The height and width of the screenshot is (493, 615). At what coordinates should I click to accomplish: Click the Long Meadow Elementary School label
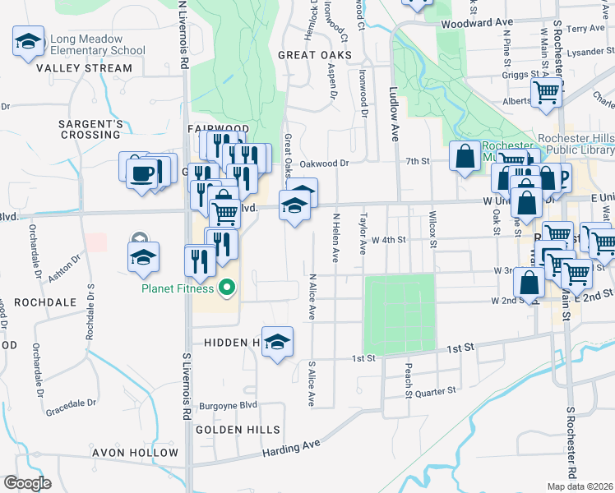(97, 44)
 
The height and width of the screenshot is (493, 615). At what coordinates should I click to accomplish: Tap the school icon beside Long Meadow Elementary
(28, 41)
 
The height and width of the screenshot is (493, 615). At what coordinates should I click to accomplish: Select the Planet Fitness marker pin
(228, 288)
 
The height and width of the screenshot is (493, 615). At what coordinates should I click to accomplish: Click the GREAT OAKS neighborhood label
(315, 55)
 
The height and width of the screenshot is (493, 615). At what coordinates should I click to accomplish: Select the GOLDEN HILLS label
(238, 430)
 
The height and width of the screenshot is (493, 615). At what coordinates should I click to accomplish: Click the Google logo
(27, 483)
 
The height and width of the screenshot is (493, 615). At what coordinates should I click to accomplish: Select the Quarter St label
(437, 391)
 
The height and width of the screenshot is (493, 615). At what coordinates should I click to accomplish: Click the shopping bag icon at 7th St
(465, 155)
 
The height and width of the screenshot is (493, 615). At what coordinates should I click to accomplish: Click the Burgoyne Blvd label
(227, 406)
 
